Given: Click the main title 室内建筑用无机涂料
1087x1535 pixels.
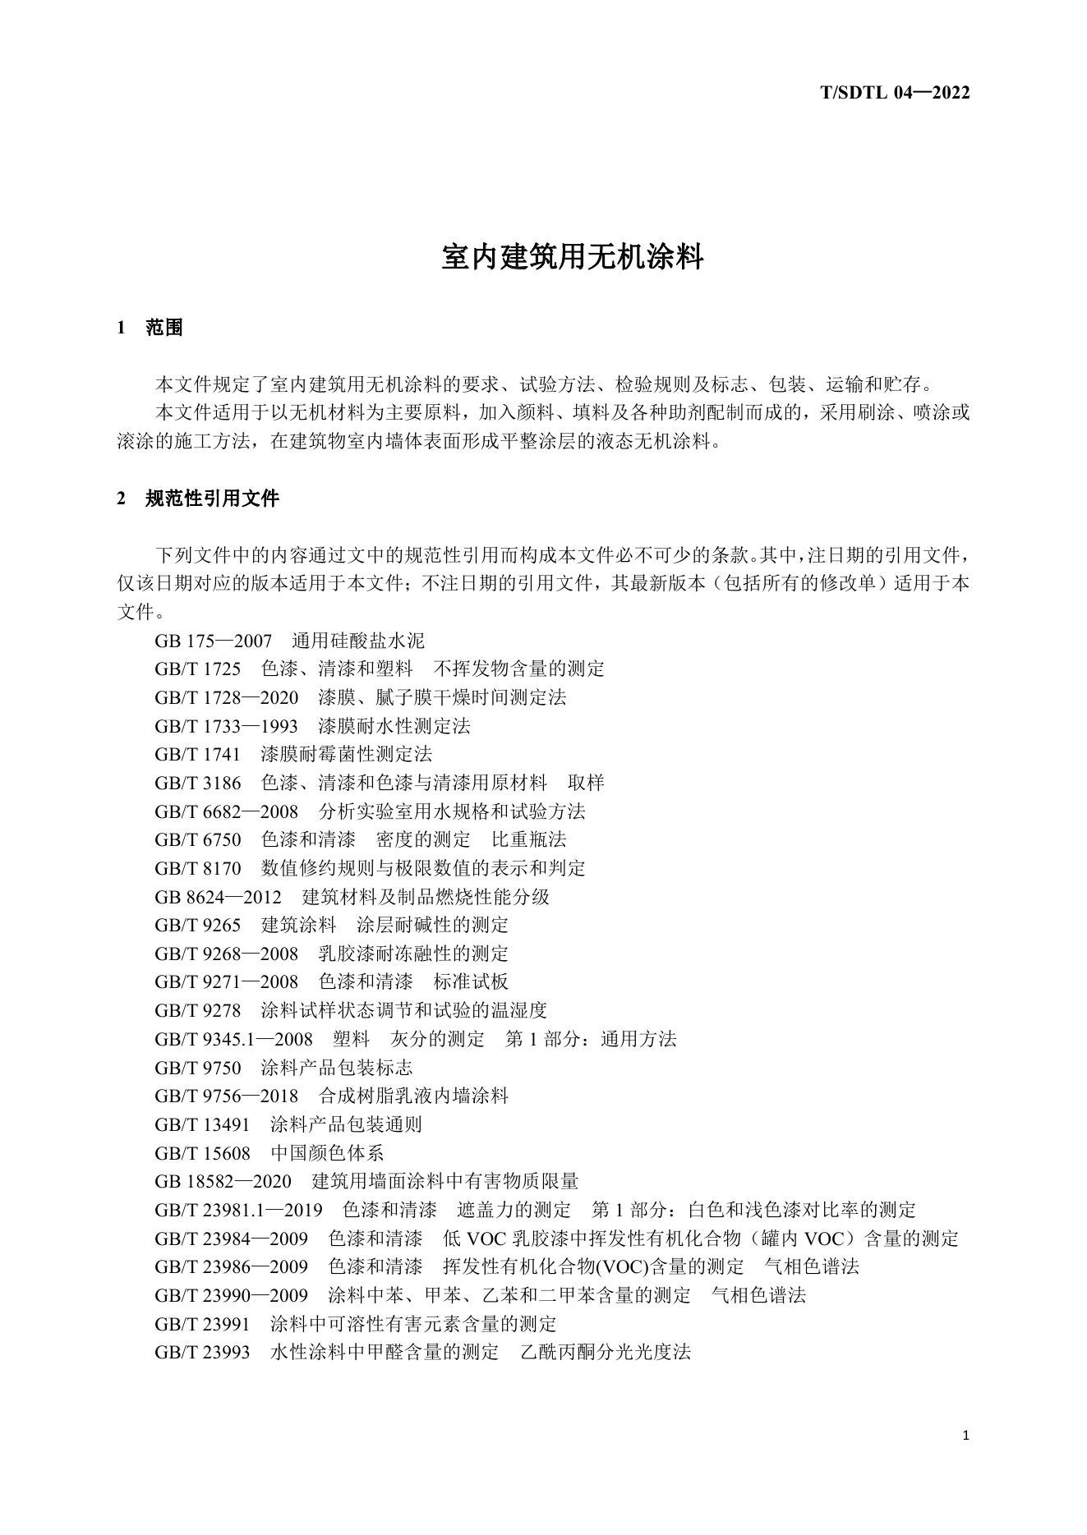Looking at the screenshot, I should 573,257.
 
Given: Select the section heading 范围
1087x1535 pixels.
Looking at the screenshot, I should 164,328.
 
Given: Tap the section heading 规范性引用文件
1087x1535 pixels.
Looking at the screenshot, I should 212,499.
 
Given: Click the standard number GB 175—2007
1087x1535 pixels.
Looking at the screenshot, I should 213,641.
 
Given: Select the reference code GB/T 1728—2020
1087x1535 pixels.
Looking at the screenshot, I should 226,698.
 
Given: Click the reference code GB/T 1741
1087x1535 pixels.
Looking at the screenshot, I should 197,754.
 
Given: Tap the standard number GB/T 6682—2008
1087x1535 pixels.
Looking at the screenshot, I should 226,811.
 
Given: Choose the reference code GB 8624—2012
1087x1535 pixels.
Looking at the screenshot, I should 218,897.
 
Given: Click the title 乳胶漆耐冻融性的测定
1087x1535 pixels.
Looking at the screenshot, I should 413,954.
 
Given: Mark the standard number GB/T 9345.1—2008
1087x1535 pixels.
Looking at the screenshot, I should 233,1039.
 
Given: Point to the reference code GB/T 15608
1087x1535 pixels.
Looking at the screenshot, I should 202,1153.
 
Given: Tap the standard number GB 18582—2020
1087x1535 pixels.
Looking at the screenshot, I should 223,1181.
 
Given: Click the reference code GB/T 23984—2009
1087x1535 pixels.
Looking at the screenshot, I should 231,1239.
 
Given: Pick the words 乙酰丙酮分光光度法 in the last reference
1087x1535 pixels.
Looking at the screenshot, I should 606,1352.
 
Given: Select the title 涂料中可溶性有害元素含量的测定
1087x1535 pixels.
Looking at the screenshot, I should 413,1324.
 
